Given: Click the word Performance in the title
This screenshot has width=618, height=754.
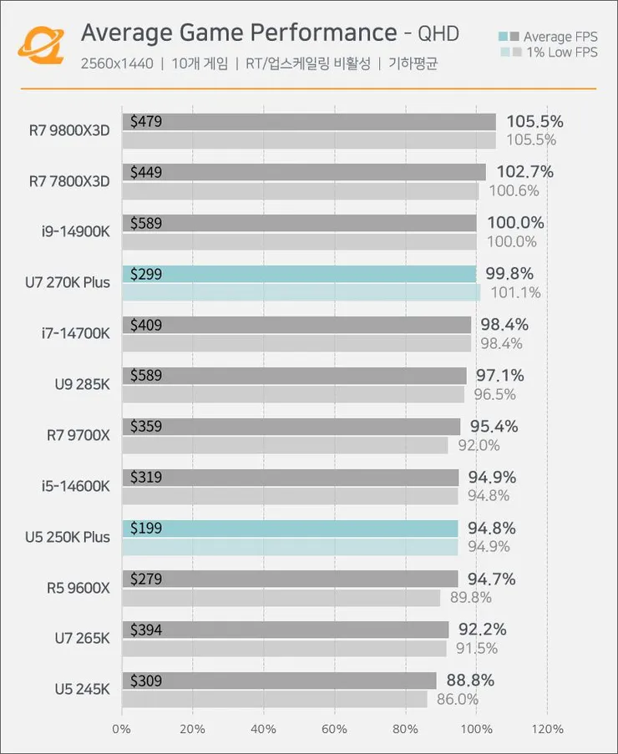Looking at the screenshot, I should [x=328, y=33].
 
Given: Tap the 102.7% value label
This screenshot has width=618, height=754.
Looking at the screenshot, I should [x=524, y=172].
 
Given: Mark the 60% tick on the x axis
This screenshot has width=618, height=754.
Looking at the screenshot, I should [x=335, y=729].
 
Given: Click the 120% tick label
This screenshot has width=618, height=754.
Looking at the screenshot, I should [x=547, y=729].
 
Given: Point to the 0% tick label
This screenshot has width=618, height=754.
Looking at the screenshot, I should [x=122, y=729].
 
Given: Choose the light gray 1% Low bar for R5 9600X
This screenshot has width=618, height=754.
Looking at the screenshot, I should [x=281, y=597].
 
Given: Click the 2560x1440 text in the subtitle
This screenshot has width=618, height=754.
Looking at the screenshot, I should [x=118, y=63].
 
